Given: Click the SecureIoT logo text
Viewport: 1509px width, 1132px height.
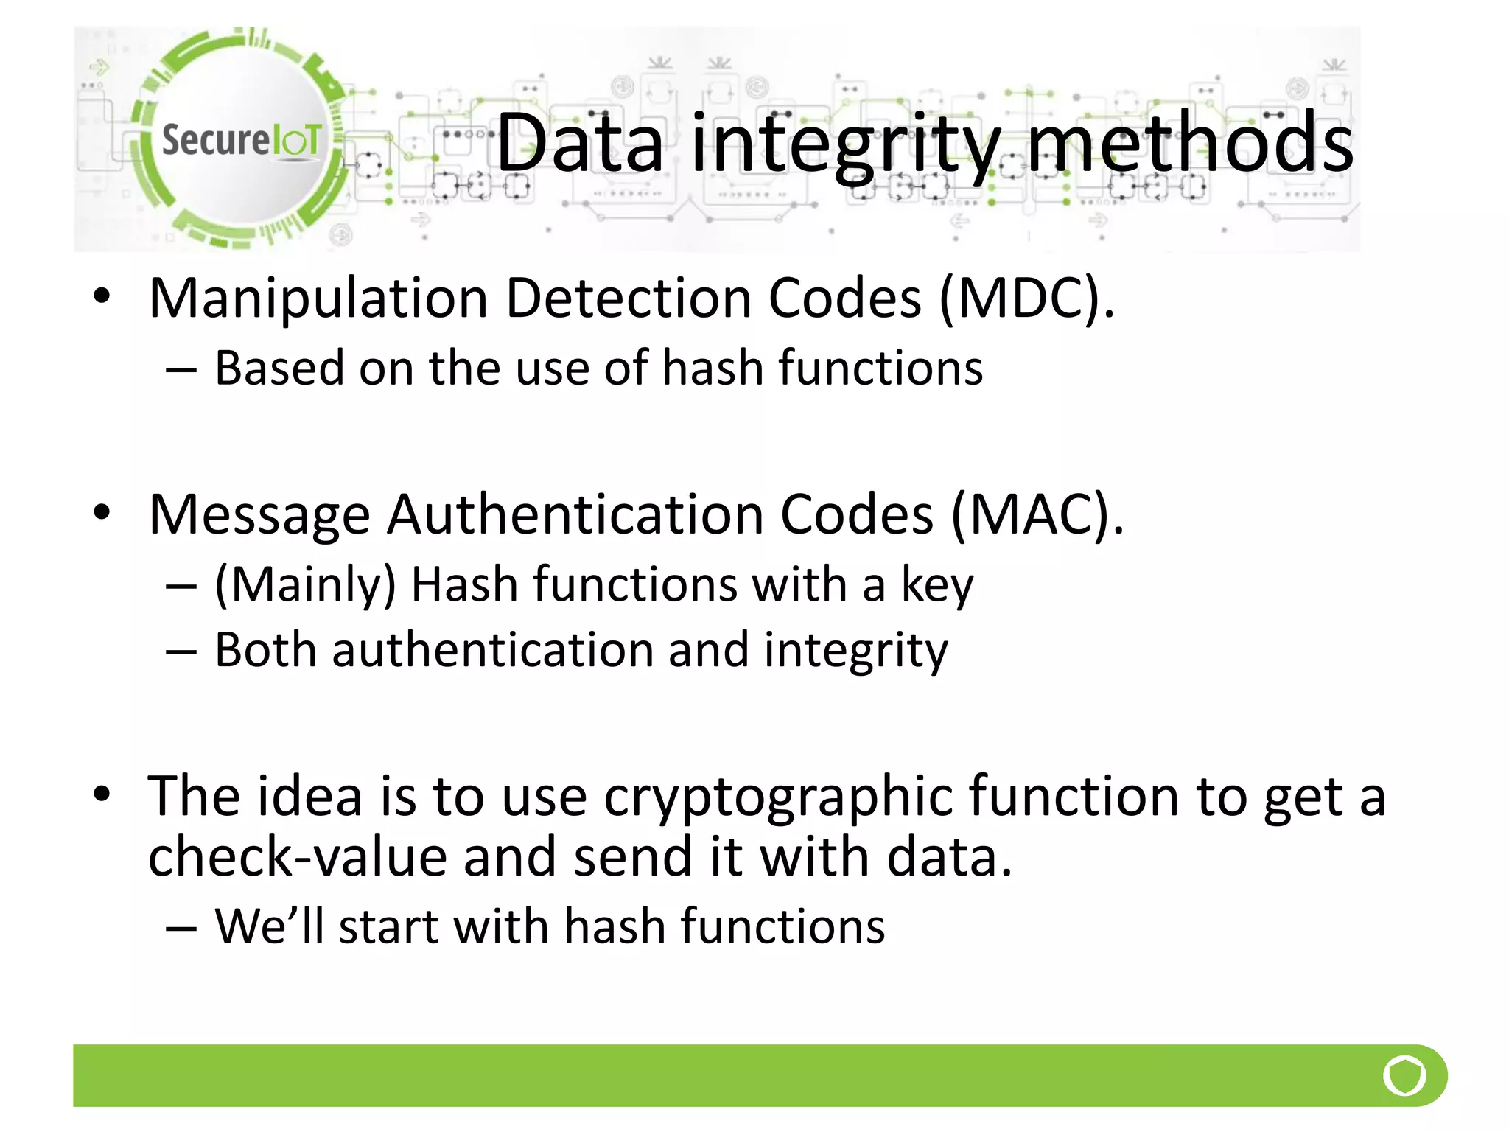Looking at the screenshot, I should pos(241,140).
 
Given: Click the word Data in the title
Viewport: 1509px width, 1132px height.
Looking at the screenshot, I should pos(580,143).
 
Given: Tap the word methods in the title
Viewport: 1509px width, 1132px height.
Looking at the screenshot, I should pos(1190,143).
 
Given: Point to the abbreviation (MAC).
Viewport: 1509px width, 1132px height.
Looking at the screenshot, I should pos(1037,515).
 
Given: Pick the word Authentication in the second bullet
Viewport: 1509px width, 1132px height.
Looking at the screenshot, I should pos(575,515).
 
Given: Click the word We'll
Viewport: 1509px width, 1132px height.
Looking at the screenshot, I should pos(269,926).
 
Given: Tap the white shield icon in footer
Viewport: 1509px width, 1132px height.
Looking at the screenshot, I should pos(1404,1075).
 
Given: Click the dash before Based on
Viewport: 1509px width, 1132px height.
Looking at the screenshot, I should pos(181,369).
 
